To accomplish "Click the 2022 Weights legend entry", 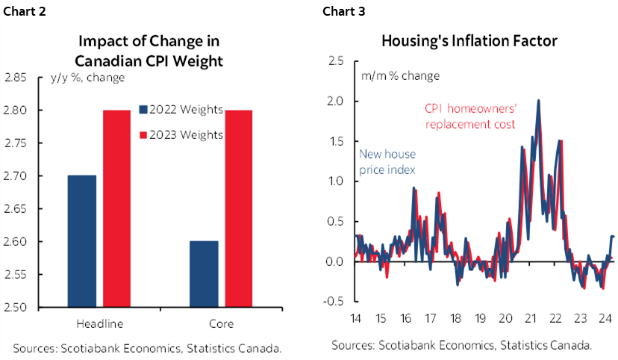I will coord(181,110).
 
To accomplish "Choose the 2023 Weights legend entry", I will coord(181,135).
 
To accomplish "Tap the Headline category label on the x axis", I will coord(100,323).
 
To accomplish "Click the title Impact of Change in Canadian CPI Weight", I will coord(155,50).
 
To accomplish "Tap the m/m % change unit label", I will coord(401,75).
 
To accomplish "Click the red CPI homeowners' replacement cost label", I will coord(470,117).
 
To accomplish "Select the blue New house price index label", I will coord(387,162).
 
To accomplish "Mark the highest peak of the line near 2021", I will coord(539,100).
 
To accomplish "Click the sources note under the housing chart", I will coord(461,344).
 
